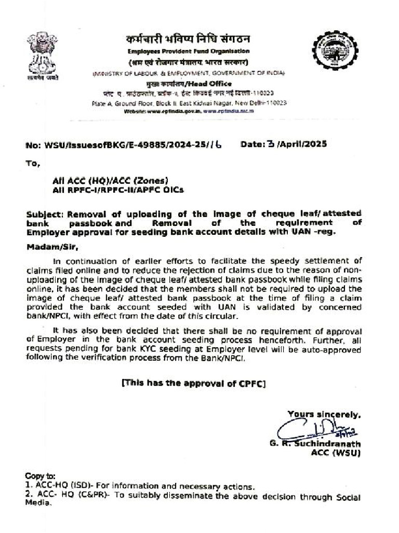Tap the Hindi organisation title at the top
click(189, 40)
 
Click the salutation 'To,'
click(32, 163)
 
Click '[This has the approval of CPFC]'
click(193, 384)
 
